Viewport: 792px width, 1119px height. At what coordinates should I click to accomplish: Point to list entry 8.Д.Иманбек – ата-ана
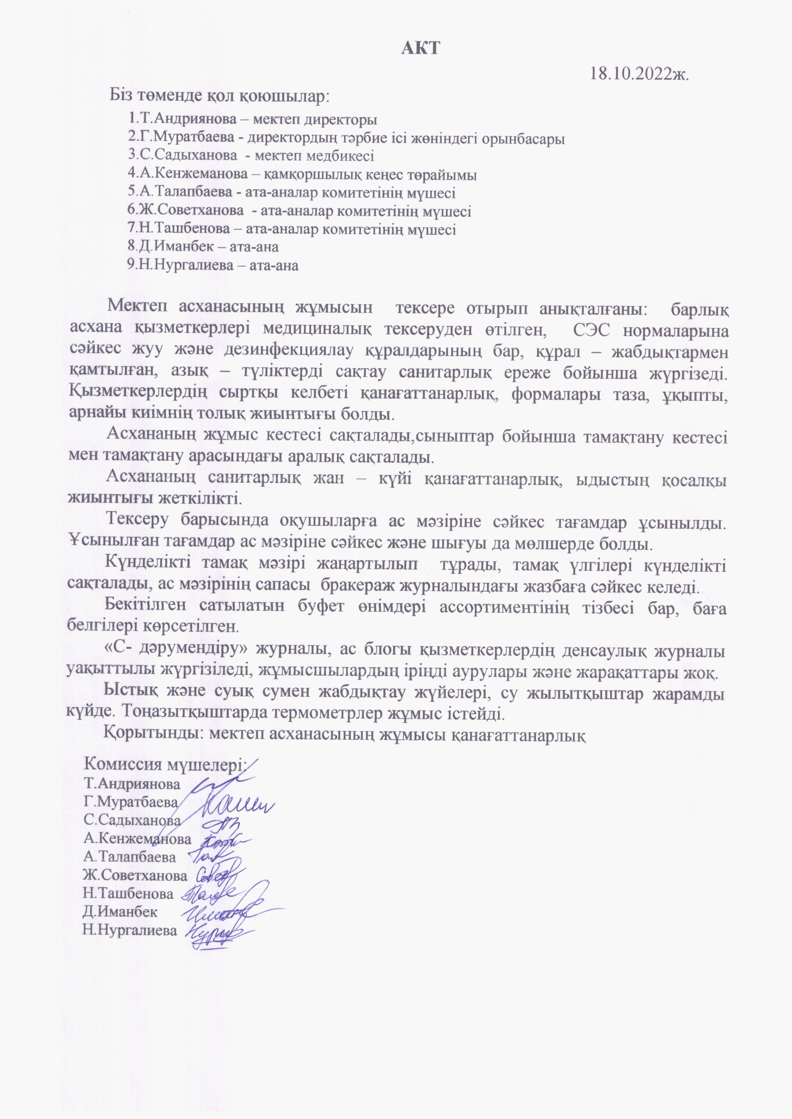203,247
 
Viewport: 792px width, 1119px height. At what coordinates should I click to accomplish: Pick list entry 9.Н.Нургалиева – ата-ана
213,265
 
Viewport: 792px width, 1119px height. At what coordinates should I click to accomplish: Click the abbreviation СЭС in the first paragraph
591,331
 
